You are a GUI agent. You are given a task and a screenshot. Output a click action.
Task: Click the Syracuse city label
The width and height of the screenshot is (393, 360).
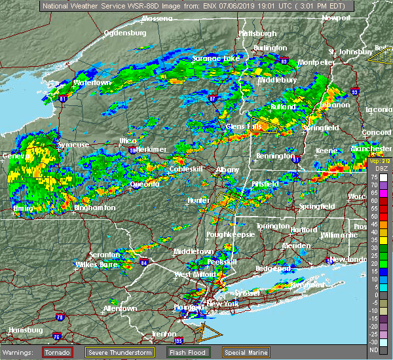74,145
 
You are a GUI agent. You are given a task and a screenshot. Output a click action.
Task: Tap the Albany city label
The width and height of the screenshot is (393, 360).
228,170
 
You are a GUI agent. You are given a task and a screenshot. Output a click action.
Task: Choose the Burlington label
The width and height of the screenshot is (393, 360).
271,48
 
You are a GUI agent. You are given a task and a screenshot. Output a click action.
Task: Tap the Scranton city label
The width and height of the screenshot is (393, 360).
105,255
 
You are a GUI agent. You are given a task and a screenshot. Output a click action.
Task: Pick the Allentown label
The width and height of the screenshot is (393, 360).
120,308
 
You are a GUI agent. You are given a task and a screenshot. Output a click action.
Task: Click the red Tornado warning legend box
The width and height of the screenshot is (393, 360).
58,351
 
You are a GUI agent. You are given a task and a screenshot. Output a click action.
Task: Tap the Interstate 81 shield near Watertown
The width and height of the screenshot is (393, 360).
63,99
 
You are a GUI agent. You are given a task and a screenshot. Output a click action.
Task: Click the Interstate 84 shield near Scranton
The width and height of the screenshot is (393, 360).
144,262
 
